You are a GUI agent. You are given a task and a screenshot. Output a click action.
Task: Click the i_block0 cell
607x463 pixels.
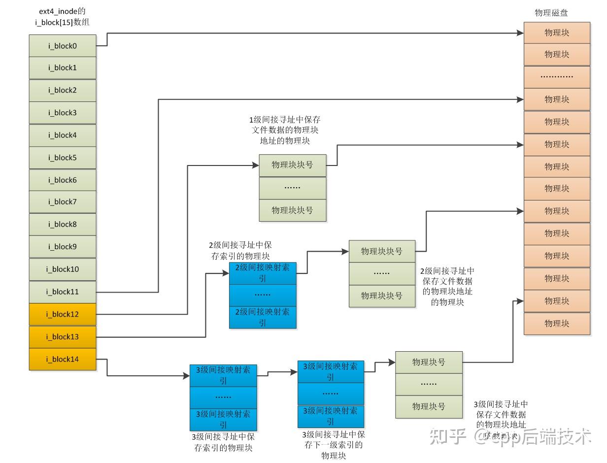[x=63, y=46]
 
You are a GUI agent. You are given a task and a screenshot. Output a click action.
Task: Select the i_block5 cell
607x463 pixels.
[x=63, y=158]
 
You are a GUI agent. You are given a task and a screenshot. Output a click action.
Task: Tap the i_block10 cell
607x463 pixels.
[x=63, y=269]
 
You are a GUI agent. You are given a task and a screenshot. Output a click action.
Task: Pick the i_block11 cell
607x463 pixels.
[x=63, y=292]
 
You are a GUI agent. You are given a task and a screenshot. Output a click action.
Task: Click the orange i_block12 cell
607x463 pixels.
[x=63, y=314]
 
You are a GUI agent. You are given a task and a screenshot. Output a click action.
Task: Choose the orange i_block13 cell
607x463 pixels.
[x=63, y=337]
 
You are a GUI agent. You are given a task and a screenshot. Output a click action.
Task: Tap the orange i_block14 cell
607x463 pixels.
[x=63, y=359]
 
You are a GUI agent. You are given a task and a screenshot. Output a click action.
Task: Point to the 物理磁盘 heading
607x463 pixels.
[x=551, y=13]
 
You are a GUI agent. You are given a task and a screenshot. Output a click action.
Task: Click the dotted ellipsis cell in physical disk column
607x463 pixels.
[x=557, y=77]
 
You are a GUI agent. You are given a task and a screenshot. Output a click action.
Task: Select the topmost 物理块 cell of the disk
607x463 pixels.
[x=557, y=33]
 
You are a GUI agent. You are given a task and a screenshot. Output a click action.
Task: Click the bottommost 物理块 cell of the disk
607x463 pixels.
[x=557, y=324]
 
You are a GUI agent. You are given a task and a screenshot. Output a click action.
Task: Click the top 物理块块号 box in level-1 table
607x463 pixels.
[x=293, y=165]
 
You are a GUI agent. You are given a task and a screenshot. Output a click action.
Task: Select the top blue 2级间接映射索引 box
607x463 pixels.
[x=263, y=273]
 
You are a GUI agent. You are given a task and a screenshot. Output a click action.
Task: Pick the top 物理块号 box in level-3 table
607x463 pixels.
[x=429, y=362]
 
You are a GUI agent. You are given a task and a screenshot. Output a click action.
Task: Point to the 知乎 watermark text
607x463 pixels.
[x=447, y=436]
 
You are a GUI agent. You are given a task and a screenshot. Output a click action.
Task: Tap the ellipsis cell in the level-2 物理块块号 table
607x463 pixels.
[x=382, y=273]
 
